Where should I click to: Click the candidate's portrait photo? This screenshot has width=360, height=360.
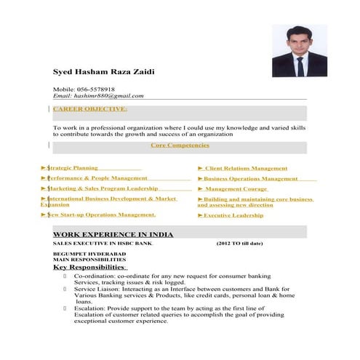[x=299, y=51]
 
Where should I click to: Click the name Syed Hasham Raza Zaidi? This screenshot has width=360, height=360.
[x=103, y=71]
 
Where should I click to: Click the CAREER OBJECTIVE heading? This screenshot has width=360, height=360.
[x=89, y=109]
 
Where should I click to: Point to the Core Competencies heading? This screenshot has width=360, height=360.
[x=180, y=145]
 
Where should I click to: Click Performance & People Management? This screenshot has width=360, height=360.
[x=97, y=177]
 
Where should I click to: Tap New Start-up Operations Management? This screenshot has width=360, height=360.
[x=101, y=215]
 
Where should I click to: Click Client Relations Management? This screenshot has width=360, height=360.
[x=245, y=169]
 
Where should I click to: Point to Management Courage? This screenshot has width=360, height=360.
[x=236, y=188]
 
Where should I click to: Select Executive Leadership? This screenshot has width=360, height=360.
[x=233, y=215]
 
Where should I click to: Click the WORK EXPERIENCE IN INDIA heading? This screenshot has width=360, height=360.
[x=113, y=234]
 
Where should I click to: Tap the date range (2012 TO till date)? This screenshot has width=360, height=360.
[x=239, y=243]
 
